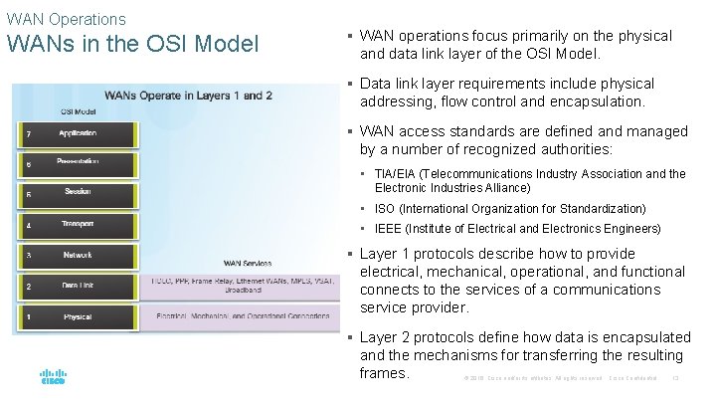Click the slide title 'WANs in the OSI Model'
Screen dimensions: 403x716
(132, 45)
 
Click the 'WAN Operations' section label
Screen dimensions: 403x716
(66, 19)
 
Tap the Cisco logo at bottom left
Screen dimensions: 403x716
(53, 377)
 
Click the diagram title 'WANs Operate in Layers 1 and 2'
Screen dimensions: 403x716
(189, 96)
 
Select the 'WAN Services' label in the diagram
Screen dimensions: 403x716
(246, 264)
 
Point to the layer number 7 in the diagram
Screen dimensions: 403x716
(28, 133)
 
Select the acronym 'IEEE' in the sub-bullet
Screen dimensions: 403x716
(389, 229)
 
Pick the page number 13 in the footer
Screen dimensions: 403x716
(675, 378)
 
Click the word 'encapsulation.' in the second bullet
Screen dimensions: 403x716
(600, 101)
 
